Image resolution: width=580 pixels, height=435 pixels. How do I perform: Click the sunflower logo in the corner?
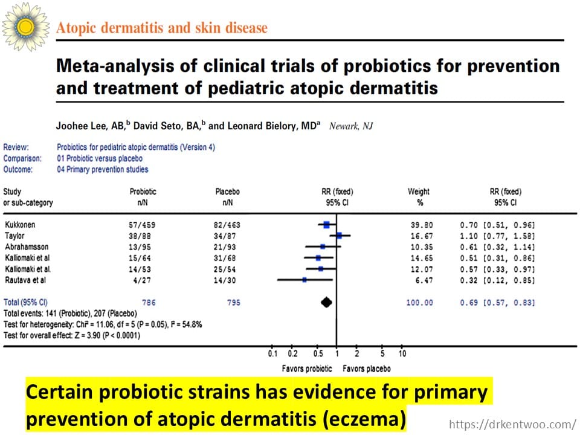coord(25,26)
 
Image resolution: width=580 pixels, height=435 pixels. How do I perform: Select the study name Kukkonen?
coord(20,225)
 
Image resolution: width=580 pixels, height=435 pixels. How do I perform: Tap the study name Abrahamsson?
coord(28,246)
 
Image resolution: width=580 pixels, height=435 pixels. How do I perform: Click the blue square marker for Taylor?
coord(340,236)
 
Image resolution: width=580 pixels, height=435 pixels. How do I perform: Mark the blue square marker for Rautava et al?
coord(304,280)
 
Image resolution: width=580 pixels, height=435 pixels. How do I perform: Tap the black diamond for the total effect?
coord(327,302)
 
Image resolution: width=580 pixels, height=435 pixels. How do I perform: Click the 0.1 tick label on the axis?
coord(272,353)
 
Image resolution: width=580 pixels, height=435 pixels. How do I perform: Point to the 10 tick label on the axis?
coord(402,353)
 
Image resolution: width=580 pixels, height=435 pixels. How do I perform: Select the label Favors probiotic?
coord(307,369)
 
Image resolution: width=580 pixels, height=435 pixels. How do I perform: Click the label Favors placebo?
coord(366,369)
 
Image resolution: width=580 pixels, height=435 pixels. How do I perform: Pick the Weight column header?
coord(419,192)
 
